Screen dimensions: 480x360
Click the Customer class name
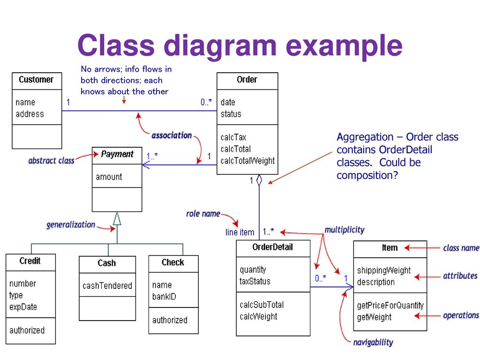36,80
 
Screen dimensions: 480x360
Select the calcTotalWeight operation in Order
247,161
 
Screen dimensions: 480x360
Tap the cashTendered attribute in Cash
107,285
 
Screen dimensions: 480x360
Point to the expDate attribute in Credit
23,307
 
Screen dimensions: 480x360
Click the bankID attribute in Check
164,297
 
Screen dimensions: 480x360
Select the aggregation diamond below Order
259,180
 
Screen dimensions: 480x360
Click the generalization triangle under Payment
117,218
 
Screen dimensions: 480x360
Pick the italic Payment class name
117,154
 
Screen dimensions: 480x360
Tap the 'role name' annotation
203,214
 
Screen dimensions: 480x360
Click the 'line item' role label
240,232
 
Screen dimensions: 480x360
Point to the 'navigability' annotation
373,343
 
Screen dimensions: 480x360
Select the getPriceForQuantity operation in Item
390,306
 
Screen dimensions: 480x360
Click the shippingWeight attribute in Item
384,270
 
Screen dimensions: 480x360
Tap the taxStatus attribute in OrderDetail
255,281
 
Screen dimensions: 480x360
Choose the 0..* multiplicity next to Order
206,102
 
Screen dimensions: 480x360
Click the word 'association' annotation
172,135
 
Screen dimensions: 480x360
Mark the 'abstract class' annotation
51,161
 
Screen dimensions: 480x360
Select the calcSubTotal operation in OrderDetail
262,305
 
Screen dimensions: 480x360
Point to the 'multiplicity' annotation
345,230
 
